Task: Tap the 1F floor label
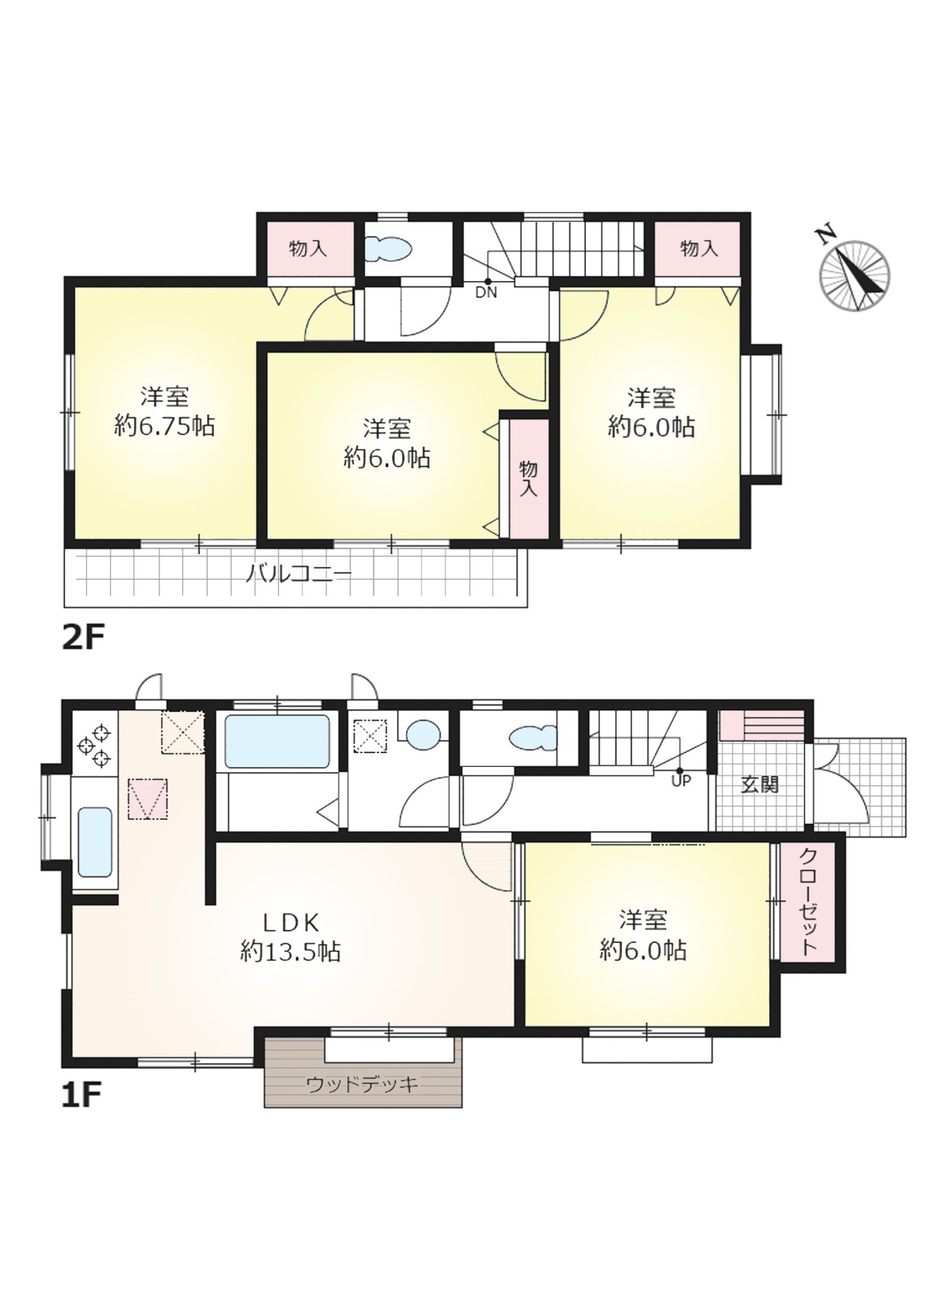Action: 80,1095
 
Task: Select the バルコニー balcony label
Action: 298,575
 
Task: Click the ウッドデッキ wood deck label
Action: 362,1084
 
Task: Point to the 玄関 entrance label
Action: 760,784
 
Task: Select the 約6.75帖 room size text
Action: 165,427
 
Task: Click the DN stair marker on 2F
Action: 486,292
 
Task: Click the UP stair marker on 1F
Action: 681,780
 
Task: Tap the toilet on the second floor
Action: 387,250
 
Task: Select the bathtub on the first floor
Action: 277,741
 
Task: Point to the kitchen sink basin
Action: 95,842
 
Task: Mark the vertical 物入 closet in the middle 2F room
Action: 529,478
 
